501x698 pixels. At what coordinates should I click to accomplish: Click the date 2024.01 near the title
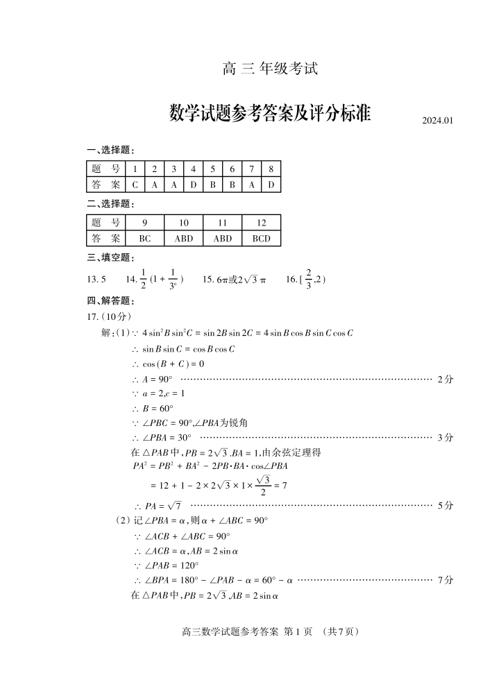(x=437, y=121)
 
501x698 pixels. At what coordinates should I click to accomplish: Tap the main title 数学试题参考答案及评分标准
(x=270, y=113)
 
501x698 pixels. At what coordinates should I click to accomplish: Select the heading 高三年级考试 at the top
(x=270, y=69)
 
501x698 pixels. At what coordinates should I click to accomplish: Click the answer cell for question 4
(x=194, y=185)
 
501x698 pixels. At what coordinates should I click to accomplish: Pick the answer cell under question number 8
(x=271, y=185)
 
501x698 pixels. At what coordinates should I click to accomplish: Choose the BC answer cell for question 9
(x=145, y=238)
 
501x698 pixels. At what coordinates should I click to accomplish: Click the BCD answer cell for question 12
(x=261, y=238)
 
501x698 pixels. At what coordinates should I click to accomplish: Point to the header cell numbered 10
(x=184, y=223)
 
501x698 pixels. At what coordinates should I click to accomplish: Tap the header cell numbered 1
(x=135, y=169)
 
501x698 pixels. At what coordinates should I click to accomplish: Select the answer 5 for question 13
(x=96, y=280)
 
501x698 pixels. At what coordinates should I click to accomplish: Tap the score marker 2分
(x=445, y=380)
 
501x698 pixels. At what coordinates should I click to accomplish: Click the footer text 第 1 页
(x=299, y=632)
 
